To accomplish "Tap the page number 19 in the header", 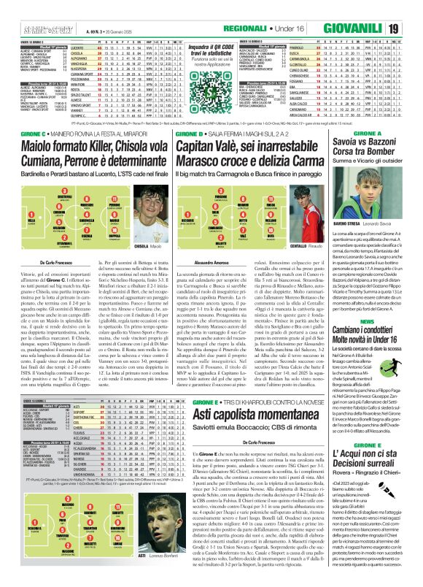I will pyautogui.click(x=412, y=9).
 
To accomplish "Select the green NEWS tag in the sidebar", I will pyautogui.click(x=367, y=300).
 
